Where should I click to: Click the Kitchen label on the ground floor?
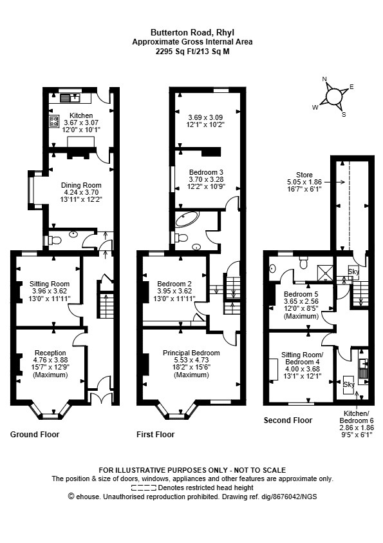pos(81,115)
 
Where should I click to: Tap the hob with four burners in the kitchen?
pos(54,121)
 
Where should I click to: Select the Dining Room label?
pos(81,185)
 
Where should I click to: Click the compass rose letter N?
pos(324,79)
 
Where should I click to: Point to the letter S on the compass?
pos(344,115)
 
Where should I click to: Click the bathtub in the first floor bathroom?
pos(187,219)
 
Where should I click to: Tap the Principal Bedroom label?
pos(191,353)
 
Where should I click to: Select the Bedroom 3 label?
pos(206,172)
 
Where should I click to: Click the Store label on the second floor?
pos(304,175)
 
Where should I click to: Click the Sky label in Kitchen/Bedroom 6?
pos(349,384)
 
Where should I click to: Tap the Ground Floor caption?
pos(35,434)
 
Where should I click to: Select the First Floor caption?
pos(156,434)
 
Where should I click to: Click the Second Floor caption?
pos(288,420)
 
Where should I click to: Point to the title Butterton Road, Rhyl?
pos(192,32)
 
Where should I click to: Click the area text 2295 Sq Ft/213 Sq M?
pos(192,52)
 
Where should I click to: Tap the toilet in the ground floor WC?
pos(55,240)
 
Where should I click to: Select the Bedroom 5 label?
pos(301,294)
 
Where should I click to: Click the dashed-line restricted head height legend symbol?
pos(144,488)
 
